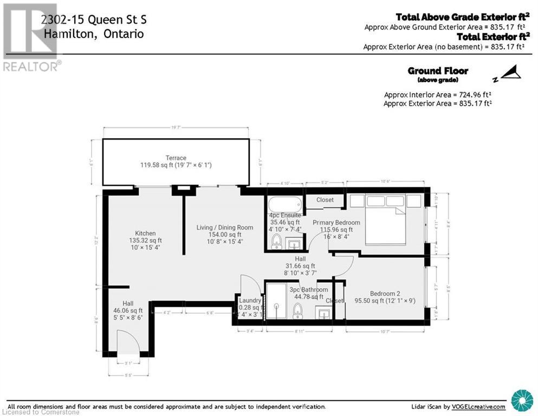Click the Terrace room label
[x=176, y=158]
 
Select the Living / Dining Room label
[x=224, y=227]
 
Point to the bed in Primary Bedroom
[x=385, y=222]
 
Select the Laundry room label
[x=250, y=301]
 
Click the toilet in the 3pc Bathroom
[x=297, y=310]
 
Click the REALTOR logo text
[x=31, y=67]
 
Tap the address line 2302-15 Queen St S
[x=93, y=21]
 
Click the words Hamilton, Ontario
[x=93, y=34]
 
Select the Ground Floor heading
[x=437, y=71]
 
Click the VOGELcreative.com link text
[x=477, y=406]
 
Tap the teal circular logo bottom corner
[x=522, y=400]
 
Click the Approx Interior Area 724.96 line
[x=437, y=94]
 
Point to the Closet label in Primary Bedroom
[x=325, y=200]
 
